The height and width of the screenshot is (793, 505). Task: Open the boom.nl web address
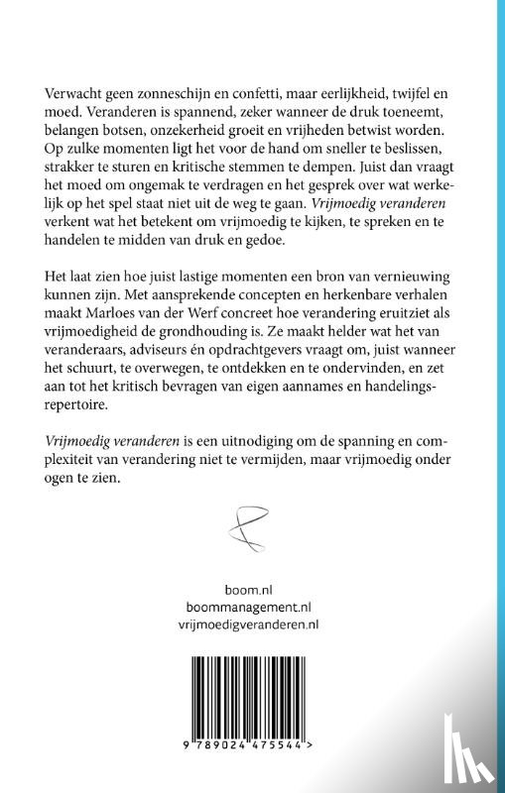coord(252,588)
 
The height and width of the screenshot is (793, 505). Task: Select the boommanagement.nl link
coord(252,606)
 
